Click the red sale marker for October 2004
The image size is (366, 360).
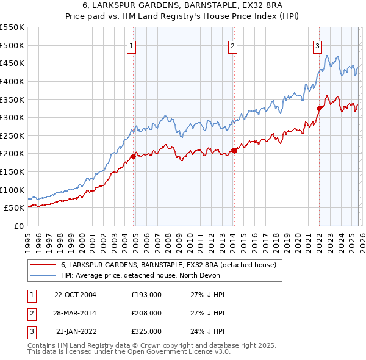point(133,156)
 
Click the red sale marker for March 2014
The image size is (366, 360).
point(234,151)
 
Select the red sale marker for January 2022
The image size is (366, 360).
point(318,109)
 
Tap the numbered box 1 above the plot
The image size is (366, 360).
point(132,45)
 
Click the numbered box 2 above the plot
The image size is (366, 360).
point(233,45)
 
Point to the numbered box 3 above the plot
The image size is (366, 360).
point(318,45)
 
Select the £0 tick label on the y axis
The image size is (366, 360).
point(19,226)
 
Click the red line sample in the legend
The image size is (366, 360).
point(43,265)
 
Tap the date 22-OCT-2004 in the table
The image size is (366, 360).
point(75,295)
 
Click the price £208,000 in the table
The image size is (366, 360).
point(146,313)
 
